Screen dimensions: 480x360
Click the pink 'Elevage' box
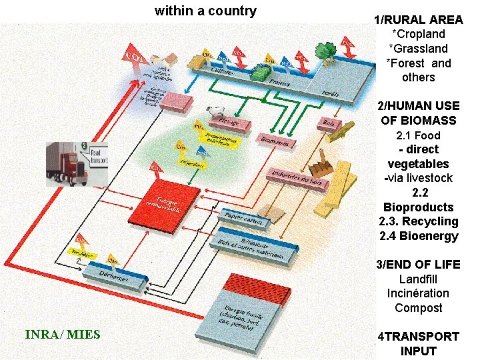point(227,123)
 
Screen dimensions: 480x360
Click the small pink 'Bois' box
point(329,123)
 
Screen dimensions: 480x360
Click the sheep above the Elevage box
point(215,112)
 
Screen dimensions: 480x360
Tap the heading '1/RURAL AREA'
point(418,19)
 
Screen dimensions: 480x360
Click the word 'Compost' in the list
point(418,308)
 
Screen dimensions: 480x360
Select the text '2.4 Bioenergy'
point(418,236)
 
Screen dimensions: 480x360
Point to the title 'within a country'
point(205,11)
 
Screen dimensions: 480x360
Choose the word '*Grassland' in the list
point(418,49)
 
